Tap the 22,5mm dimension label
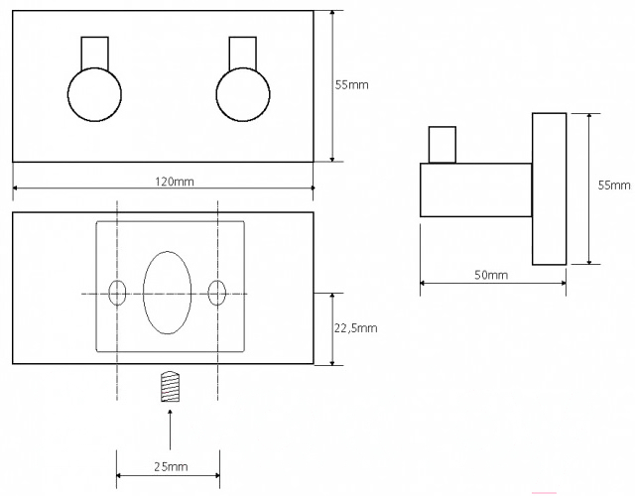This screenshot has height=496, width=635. (355, 328)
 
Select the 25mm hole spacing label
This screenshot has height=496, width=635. (171, 467)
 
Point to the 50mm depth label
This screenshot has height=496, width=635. (491, 275)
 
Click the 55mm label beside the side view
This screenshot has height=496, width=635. (614, 186)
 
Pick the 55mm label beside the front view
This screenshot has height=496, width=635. (351, 85)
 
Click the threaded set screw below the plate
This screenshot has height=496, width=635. (170, 387)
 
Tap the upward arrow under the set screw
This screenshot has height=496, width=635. (170, 430)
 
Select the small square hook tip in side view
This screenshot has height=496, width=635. (443, 145)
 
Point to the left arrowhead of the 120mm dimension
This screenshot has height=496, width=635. (16, 187)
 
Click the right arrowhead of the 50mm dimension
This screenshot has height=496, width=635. (564, 283)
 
